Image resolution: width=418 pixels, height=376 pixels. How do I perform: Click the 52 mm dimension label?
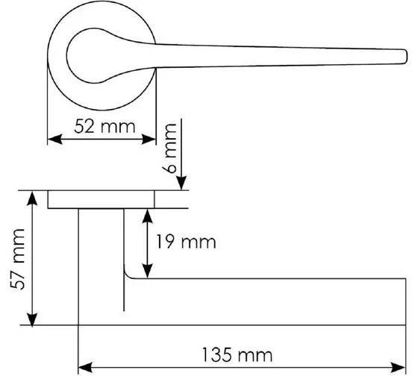click(104, 127)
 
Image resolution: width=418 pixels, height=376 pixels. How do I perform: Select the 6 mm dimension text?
click(169, 148)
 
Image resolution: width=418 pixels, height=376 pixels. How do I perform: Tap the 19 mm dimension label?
click(186, 242)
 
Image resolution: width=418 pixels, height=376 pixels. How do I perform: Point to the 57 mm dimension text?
click(18, 259)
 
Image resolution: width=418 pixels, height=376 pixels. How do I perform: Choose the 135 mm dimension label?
click(237, 355)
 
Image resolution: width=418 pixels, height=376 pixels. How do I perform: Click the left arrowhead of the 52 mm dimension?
click(54, 139)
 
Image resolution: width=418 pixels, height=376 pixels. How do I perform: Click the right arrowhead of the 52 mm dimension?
click(149, 139)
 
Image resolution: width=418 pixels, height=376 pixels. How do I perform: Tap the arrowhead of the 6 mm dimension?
click(181, 184)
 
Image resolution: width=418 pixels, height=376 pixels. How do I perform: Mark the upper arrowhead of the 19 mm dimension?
click(148, 216)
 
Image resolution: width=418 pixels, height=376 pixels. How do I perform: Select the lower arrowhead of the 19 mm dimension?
click(148, 271)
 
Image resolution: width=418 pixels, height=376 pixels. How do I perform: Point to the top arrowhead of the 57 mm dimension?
click(32, 198)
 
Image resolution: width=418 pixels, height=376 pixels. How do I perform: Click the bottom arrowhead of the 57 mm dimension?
click(32, 318)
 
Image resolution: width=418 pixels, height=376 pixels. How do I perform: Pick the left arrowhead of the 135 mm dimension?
click(86, 368)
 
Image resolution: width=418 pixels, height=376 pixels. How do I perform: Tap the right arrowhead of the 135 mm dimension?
click(399, 368)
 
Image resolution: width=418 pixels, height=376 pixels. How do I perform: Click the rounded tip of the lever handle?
click(406, 57)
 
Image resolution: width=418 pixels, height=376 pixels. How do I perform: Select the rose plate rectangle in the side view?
click(101, 200)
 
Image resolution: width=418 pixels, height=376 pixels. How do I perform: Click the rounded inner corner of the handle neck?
click(128, 275)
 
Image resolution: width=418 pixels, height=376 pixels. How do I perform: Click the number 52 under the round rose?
click(84, 127)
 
